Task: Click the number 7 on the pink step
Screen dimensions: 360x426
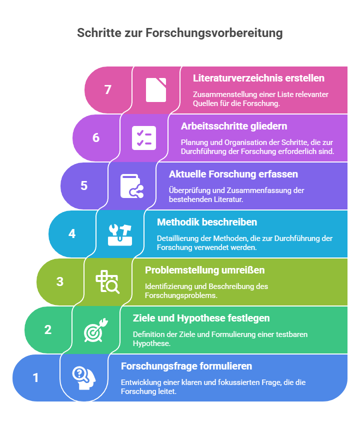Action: [x=108, y=89]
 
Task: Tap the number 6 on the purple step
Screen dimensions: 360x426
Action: [x=96, y=137]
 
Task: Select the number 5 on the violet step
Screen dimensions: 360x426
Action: [x=84, y=186]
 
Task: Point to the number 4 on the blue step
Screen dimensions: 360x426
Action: [x=72, y=233]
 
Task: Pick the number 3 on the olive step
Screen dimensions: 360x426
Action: [x=60, y=281]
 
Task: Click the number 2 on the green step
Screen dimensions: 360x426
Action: [x=48, y=330]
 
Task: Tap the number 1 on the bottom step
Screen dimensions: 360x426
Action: [x=35, y=378]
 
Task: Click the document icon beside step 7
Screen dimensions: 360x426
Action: [x=156, y=90]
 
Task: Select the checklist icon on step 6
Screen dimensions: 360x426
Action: [x=144, y=138]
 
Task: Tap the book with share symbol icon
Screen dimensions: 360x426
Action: [x=132, y=186]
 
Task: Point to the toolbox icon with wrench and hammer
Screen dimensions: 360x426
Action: [x=120, y=234]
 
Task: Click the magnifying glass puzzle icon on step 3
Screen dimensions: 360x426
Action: [x=107, y=282]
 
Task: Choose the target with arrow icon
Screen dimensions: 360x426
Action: [x=96, y=330]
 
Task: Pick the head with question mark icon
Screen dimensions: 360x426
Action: [x=84, y=378]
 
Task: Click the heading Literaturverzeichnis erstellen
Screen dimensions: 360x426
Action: [x=258, y=78]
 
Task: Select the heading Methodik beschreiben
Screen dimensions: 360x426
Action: [x=207, y=222]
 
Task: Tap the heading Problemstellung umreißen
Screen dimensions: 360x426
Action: [x=205, y=270]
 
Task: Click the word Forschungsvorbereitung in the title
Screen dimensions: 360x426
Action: [x=214, y=33]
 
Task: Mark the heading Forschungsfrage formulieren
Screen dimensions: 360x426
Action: [x=186, y=366]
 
